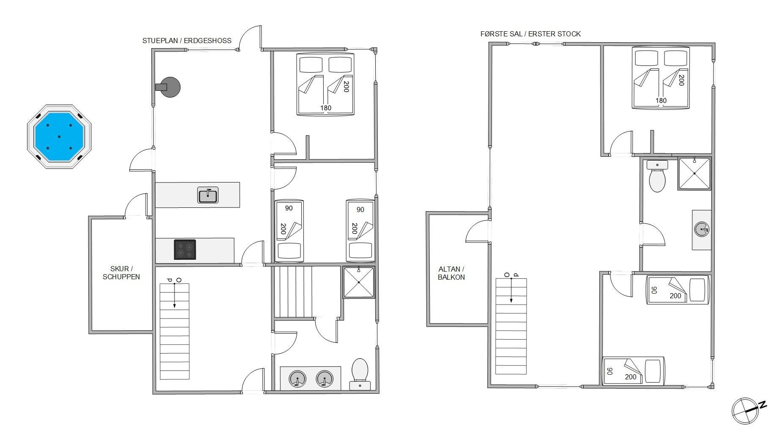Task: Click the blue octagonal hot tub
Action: (x=59, y=136)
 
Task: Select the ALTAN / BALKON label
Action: (x=451, y=273)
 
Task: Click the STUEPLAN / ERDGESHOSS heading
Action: (x=187, y=41)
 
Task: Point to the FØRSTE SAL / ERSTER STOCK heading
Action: (x=530, y=34)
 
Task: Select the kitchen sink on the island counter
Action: (x=208, y=195)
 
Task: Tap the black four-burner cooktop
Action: (x=185, y=249)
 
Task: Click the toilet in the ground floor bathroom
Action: (x=360, y=374)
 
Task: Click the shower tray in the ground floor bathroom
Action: (x=358, y=282)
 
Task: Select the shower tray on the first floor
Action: (x=695, y=173)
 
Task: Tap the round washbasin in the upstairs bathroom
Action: (x=702, y=230)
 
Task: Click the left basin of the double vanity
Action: (x=298, y=379)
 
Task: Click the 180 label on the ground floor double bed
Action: (x=325, y=108)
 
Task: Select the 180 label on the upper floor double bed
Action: (x=661, y=101)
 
